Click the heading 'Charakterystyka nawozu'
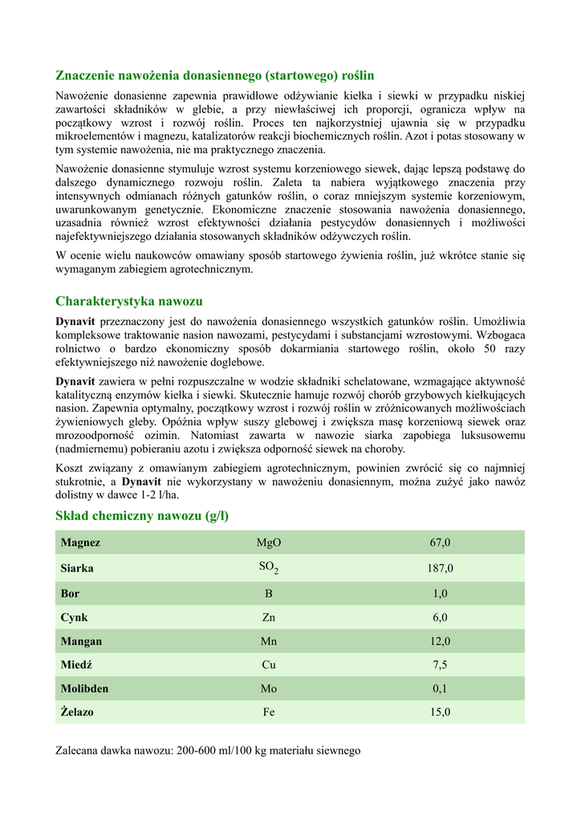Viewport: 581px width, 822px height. click(129, 301)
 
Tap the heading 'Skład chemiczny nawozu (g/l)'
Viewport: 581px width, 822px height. click(142, 515)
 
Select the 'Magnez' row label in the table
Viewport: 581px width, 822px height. click(80, 543)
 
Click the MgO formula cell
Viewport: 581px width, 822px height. click(269, 543)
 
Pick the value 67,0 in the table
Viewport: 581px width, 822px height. click(440, 543)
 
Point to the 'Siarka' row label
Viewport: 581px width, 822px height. click(77, 568)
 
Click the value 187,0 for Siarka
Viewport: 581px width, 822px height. click(440, 568)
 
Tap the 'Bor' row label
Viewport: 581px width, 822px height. click(70, 594)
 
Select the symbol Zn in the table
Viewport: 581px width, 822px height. click(269, 618)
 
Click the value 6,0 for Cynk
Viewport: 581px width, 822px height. click(440, 618)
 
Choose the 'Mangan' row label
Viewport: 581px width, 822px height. click(81, 641)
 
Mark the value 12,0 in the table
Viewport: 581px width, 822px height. click(440, 641)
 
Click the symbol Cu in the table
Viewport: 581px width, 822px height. click(269, 665)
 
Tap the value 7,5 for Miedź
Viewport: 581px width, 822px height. click(440, 665)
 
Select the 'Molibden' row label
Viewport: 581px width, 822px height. click(84, 689)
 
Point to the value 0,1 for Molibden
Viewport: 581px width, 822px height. click(440, 689)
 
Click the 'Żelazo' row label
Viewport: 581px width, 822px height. click(77, 712)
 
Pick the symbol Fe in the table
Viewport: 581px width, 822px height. click(269, 712)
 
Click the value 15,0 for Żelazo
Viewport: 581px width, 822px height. click(440, 712)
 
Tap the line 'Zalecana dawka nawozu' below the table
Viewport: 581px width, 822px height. click(208, 751)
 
